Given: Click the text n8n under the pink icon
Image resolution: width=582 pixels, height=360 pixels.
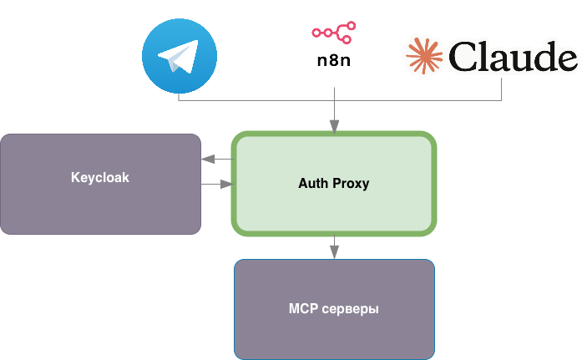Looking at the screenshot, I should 333,60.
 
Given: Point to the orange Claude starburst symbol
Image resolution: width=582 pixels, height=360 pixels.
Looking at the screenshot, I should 425,57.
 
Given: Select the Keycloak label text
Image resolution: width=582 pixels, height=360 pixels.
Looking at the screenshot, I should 100,178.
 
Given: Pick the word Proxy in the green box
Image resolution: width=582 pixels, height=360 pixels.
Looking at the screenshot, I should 352,183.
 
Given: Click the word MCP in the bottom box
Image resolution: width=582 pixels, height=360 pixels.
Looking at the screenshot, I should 304,309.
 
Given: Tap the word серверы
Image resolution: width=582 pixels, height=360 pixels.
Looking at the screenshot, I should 351,309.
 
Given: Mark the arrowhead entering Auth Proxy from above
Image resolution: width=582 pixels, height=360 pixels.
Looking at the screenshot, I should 334,127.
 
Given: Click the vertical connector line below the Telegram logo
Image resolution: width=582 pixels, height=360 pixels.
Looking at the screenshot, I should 179,97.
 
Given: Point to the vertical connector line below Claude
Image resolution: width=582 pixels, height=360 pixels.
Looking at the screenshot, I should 502,89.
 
